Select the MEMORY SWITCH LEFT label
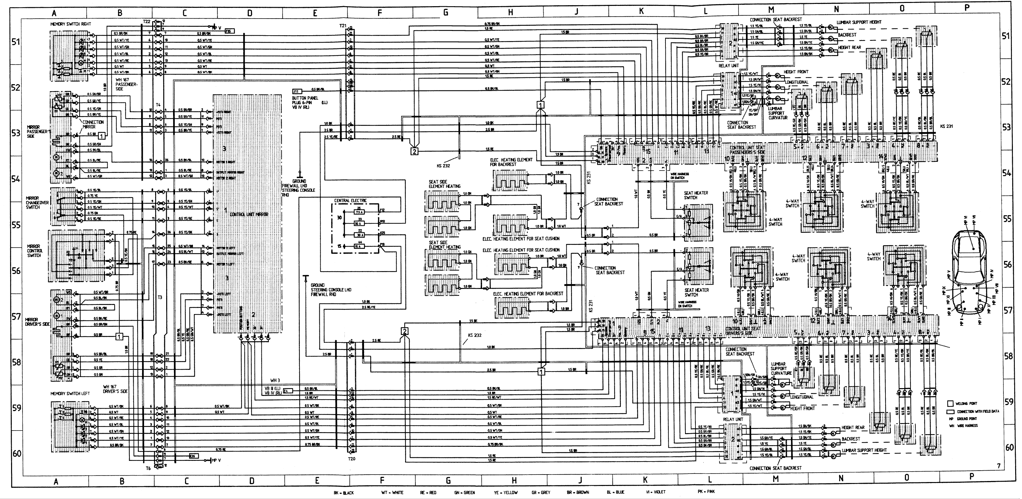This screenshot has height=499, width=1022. [70, 393]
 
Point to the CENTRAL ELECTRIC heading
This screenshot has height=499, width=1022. [350, 201]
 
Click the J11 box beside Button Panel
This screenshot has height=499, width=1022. [296, 91]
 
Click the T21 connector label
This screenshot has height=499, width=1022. [343, 25]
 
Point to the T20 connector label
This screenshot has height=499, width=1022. [351, 459]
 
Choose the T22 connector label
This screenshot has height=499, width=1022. [146, 22]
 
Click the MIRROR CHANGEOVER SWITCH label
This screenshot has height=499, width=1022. [37, 203]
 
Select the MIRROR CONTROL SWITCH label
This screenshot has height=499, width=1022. [35, 251]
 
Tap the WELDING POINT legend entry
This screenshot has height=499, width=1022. [966, 403]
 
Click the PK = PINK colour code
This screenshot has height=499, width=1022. [706, 491]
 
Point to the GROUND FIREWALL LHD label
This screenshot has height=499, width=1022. [298, 185]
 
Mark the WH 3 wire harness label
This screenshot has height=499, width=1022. [275, 380]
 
